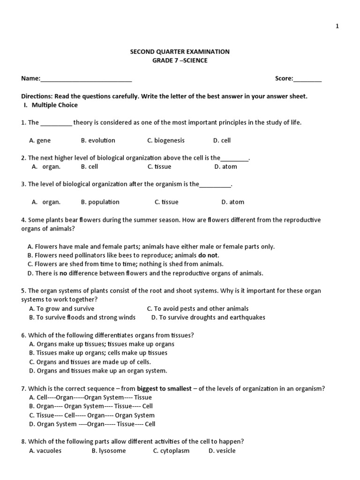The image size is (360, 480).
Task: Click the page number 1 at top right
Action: [x=337, y=26]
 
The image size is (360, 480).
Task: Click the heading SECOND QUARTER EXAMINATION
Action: [x=180, y=52]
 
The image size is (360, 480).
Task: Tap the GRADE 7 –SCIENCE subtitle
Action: [x=180, y=60]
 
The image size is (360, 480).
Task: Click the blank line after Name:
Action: [x=86, y=79]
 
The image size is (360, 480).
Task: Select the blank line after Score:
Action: [x=307, y=79]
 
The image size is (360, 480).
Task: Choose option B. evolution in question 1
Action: [x=98, y=140]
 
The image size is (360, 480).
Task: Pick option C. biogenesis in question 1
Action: [x=166, y=140]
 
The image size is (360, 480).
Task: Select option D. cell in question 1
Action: [x=222, y=140]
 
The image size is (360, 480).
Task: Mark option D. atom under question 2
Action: [x=225, y=166]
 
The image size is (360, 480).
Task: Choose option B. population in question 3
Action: [x=100, y=202]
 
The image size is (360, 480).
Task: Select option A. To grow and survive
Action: [x=62, y=308]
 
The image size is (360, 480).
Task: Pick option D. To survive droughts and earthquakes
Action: [x=208, y=317]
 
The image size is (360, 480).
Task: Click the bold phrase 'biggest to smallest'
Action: [x=164, y=389]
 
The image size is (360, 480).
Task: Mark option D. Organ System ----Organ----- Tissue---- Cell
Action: [x=92, y=424]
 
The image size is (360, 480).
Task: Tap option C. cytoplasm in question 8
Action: [x=172, y=451]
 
